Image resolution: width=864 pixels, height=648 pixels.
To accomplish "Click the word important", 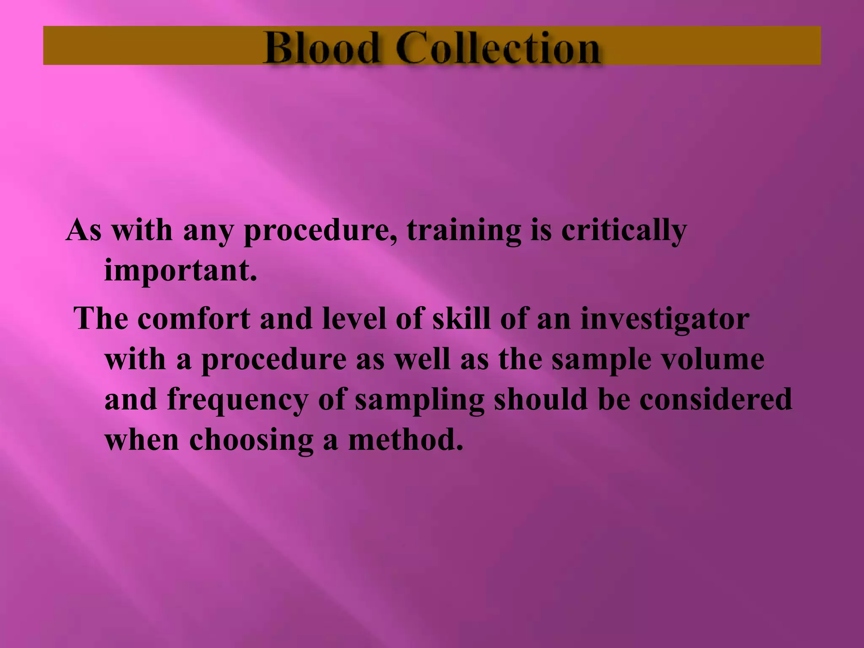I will [181, 271].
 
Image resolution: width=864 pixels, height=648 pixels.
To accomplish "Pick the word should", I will [541, 399].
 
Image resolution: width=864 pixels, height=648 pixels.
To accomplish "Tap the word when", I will [142, 440].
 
